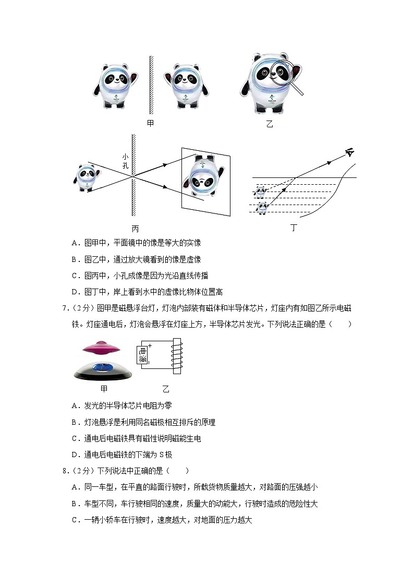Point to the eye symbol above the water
pyautogui.click(x=349, y=153)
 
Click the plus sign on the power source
pyautogui.click(x=149, y=346)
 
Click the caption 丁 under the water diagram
pyautogui.click(x=294, y=228)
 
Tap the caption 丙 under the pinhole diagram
pyautogui.click(x=135, y=229)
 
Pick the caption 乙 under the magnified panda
pyautogui.click(x=269, y=124)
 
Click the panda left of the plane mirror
pyautogui.click(x=118, y=86)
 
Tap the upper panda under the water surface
pyautogui.click(x=260, y=192)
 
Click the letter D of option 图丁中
pyautogui.click(x=74, y=291)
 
